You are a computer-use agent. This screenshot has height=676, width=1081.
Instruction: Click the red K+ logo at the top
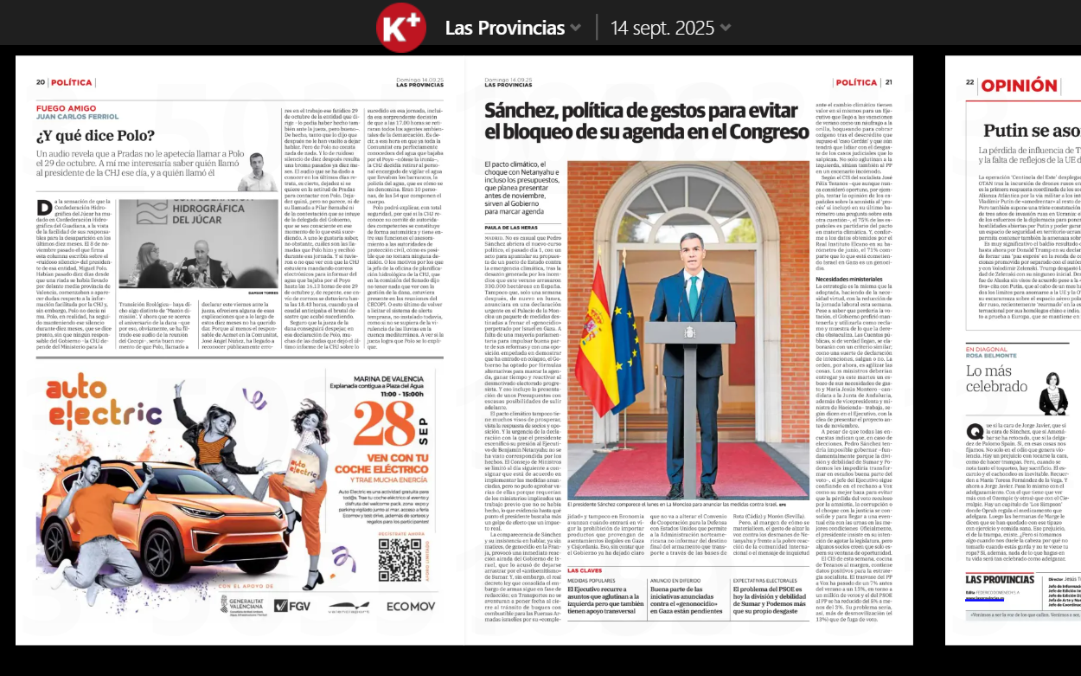[x=401, y=28]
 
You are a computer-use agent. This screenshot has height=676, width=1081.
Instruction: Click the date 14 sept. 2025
[x=662, y=28]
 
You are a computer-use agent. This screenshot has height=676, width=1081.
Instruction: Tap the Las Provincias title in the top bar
[x=505, y=28]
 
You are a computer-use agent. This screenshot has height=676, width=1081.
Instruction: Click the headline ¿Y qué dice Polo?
[x=96, y=136]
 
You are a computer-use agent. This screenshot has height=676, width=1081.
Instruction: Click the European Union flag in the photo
[x=629, y=329]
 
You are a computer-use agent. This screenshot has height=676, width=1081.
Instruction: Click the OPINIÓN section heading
[x=1018, y=85]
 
